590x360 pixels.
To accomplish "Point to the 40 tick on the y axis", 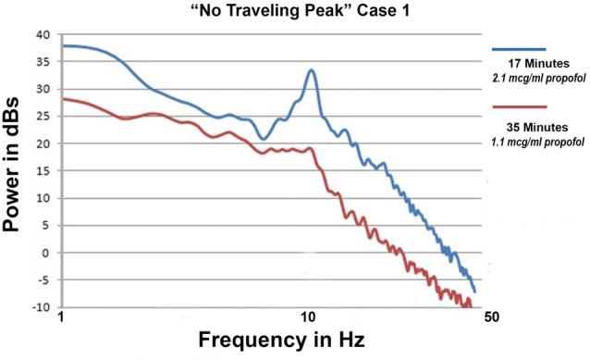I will coord(41,35).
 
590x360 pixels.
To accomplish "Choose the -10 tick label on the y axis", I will coord(39,307).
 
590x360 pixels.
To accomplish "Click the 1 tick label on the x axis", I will coord(60,319).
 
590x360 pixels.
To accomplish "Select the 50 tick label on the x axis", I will coord(490,319).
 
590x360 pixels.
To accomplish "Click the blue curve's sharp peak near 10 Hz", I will coord(312,69).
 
